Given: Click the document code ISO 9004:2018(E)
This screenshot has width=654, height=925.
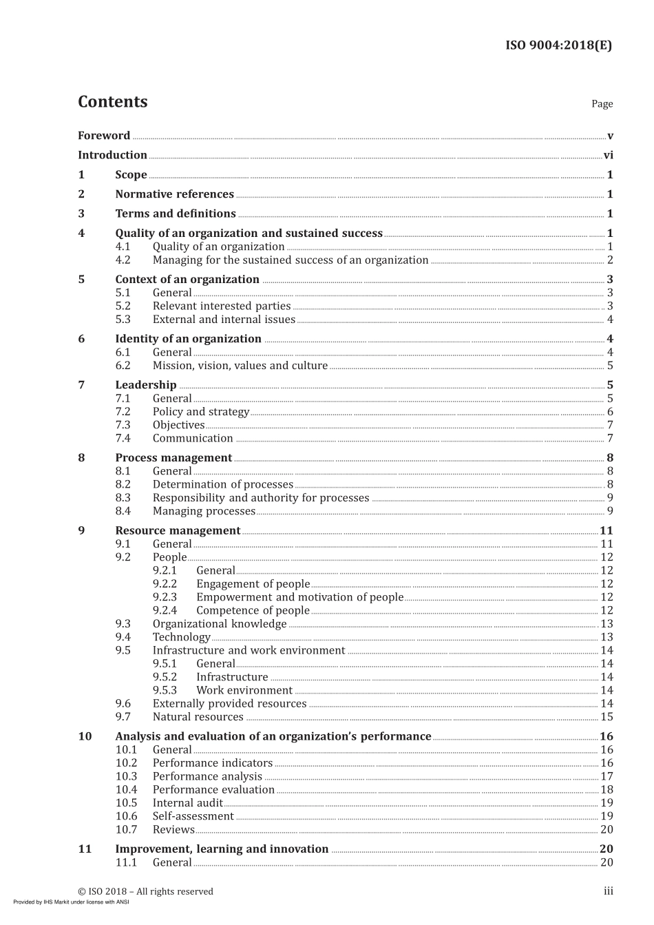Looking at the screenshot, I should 558,45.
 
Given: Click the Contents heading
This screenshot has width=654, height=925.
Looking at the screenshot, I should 113,102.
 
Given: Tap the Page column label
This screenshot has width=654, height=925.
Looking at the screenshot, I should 602,104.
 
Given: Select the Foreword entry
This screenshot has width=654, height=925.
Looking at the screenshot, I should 104,136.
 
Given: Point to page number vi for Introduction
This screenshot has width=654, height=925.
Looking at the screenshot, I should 608,156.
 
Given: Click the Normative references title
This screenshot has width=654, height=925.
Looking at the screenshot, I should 174,194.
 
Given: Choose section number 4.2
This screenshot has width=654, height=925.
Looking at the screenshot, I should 123,260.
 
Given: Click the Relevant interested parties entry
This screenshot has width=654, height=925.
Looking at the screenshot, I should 222,306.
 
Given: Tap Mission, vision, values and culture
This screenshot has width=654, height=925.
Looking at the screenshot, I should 240,366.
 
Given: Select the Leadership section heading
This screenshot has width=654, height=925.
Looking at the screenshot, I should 146,385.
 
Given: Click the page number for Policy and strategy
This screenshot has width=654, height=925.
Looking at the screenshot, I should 610,412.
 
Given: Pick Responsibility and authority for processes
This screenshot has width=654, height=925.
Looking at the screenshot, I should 261,498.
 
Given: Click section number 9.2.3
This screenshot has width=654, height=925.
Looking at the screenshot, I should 165,597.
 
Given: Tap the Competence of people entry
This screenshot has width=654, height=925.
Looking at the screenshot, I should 253,611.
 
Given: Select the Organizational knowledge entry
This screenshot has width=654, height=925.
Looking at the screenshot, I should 220,624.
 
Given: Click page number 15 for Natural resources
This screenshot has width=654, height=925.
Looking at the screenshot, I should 606,717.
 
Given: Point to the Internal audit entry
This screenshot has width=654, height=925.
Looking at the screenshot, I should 187,803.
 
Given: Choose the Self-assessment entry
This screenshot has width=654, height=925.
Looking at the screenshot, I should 193,816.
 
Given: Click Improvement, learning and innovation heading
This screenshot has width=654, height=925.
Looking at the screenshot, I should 222,849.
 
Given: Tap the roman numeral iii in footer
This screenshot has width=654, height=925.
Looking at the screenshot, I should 609,891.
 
